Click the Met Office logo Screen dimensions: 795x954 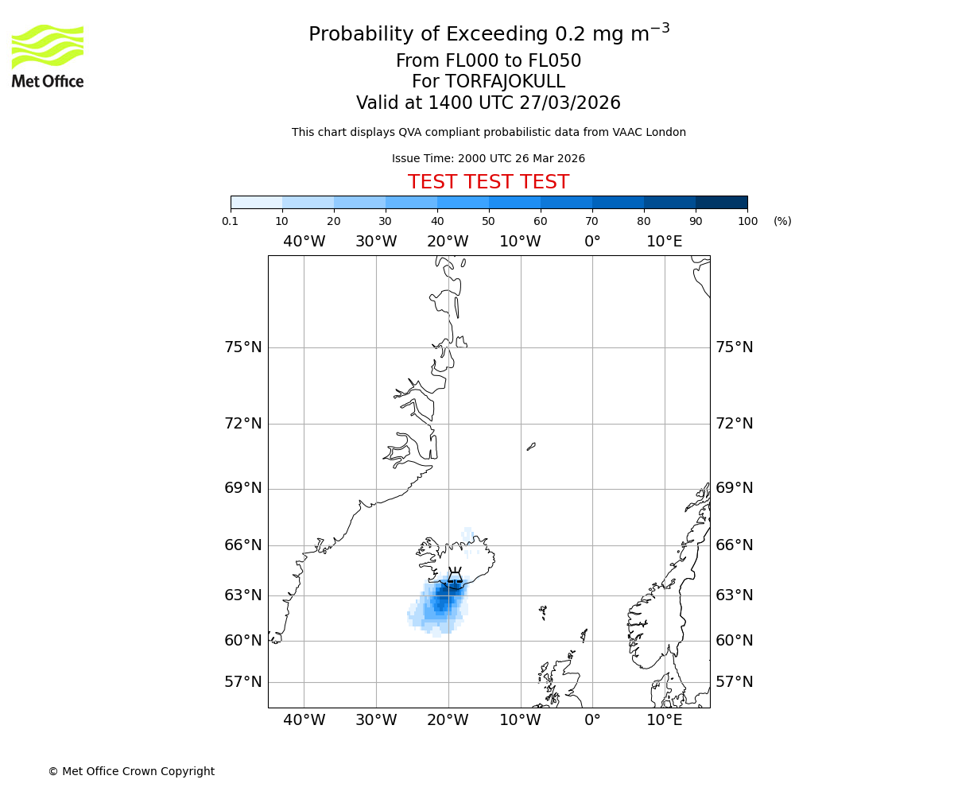pyautogui.click(x=48, y=56)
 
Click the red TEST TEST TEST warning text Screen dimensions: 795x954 pyautogui.click(x=488, y=183)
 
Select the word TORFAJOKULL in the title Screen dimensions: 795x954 pyautogui.click(x=505, y=82)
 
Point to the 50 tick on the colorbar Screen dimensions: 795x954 pyautogui.click(x=489, y=221)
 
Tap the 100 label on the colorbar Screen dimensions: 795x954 pyautogui.click(x=747, y=221)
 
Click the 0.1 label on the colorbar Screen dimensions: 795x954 pyautogui.click(x=231, y=221)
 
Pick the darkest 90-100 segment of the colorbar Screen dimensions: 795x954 pyautogui.click(x=721, y=202)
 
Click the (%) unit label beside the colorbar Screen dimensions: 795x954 pyautogui.click(x=782, y=221)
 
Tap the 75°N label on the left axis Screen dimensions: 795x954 pyautogui.click(x=242, y=347)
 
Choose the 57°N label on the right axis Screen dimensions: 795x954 pyautogui.click(x=735, y=682)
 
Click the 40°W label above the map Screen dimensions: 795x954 pyautogui.click(x=304, y=241)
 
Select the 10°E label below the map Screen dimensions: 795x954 pyautogui.click(x=665, y=720)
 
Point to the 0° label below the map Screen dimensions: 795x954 pyautogui.click(x=592, y=720)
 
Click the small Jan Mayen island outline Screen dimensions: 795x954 pyautogui.click(x=531, y=447)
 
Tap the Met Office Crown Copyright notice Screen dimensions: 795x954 pyautogui.click(x=131, y=771)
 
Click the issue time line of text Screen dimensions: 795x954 pyautogui.click(x=488, y=159)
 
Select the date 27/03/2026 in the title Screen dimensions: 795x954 pyautogui.click(x=570, y=103)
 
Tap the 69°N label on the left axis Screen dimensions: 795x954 pyautogui.click(x=242, y=488)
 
